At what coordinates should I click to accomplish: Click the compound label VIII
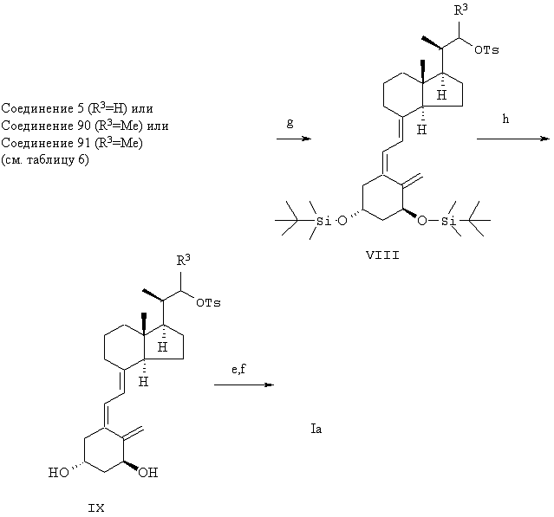click(x=382, y=255)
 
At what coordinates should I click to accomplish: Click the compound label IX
click(x=96, y=508)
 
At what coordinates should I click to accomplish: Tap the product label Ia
click(x=316, y=429)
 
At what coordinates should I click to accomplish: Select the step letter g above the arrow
click(x=290, y=123)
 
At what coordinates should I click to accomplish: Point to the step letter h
click(x=505, y=119)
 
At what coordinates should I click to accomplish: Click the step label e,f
click(x=238, y=369)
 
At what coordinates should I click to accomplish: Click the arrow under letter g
click(x=294, y=139)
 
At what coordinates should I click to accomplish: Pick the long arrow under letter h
click(x=513, y=139)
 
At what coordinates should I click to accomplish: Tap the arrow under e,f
click(x=244, y=385)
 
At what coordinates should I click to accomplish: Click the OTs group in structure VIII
click(x=486, y=50)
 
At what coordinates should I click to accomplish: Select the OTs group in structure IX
click(x=208, y=303)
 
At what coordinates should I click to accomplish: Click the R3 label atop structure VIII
click(x=460, y=10)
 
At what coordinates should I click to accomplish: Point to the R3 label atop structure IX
click(x=184, y=260)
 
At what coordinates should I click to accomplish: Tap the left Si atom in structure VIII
click(x=323, y=222)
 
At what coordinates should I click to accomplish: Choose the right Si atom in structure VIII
click(x=448, y=222)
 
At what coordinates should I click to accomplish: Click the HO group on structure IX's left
click(x=59, y=473)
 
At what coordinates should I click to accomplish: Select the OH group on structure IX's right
click(x=148, y=473)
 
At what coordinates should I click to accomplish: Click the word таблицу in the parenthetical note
click(x=51, y=160)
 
